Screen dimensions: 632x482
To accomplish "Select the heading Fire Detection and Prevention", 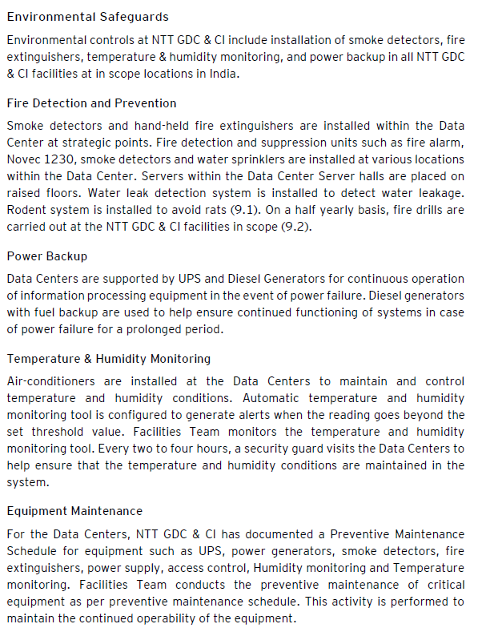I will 91,103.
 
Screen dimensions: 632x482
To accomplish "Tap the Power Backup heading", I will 46,256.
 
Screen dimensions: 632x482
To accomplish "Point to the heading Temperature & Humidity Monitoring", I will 108,359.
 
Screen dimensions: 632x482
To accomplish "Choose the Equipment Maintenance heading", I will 74,511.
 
